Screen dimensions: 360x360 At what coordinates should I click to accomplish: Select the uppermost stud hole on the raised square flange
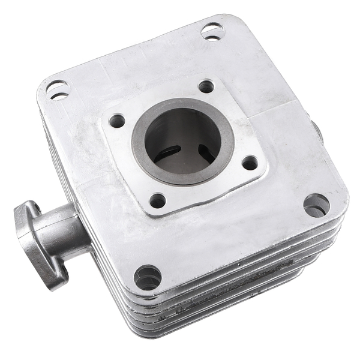tap(206, 86)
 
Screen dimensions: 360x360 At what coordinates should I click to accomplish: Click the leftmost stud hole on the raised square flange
tap(117, 121)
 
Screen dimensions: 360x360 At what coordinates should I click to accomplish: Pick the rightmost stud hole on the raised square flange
tap(250, 163)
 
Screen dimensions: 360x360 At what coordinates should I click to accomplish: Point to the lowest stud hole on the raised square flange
tap(157, 200)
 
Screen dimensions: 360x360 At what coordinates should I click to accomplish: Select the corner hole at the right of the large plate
tap(316, 205)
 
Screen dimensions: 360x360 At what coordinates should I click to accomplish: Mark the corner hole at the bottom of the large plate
tap(147, 277)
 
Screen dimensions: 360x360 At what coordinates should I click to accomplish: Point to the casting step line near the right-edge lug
tap(282, 108)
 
